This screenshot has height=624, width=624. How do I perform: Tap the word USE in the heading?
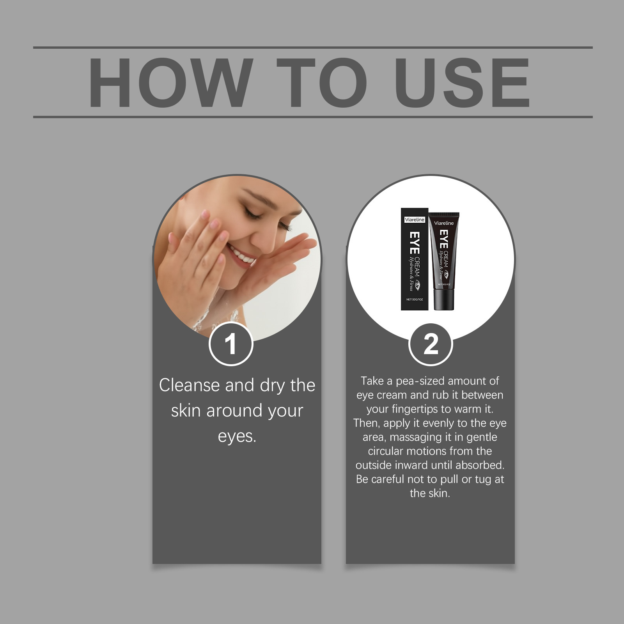462,82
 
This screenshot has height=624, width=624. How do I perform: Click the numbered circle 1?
231,344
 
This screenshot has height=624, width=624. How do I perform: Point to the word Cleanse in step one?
190,385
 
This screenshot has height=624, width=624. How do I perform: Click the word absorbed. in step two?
480,465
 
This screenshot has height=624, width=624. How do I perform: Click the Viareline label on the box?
415,220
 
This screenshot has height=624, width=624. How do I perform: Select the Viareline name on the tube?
444,223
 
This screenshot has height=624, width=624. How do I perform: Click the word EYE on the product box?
414,243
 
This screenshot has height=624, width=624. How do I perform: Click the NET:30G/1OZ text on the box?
415,300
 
